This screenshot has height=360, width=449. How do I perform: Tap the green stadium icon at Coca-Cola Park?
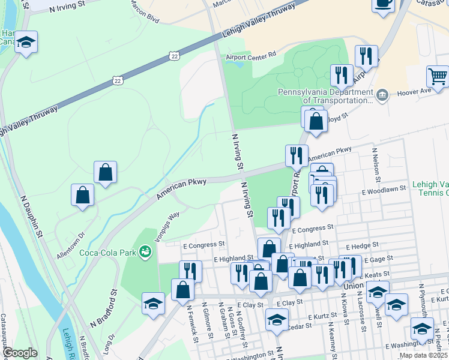pos(145,252)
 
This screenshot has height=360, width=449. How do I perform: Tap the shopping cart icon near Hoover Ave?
pos(438,76)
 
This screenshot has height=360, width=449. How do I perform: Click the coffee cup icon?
pos(383,4)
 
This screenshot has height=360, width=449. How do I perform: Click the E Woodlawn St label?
pos(384,189)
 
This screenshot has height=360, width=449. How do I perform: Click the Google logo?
pos(20,353)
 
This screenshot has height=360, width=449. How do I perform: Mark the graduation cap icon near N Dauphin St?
pos(26,42)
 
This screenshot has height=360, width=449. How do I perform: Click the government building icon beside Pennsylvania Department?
pos(381,95)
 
